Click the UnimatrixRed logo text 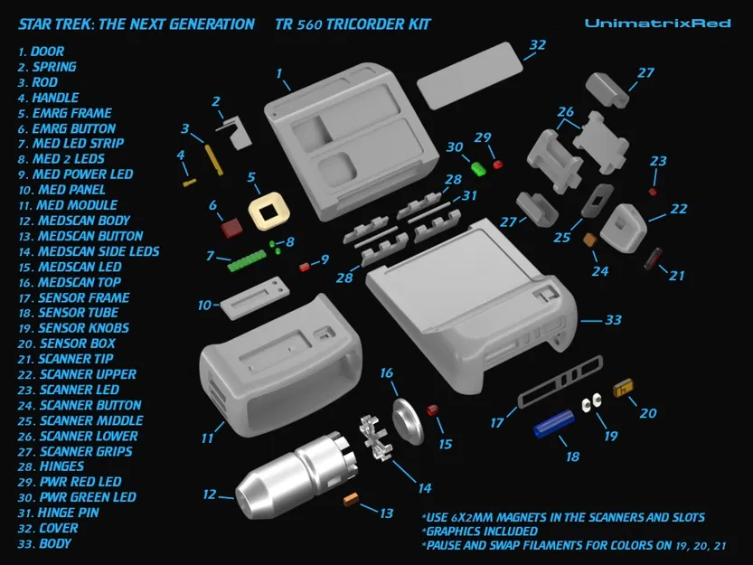[x=657, y=23]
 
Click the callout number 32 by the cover [x=537, y=45]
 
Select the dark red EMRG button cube [x=231, y=224]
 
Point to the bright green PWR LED [x=479, y=167]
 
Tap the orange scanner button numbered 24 [x=589, y=240]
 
